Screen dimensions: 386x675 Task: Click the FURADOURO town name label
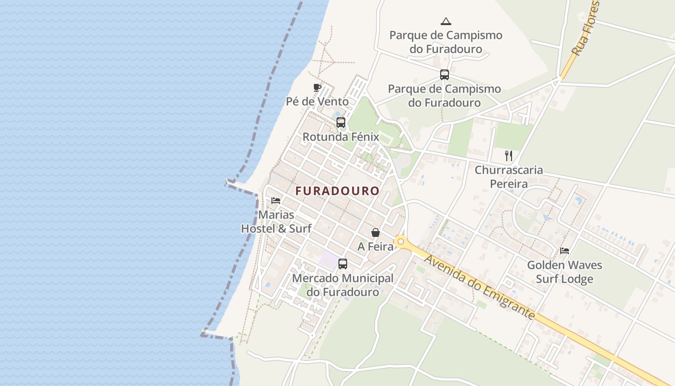337,191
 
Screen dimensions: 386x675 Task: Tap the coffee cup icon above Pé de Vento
317,87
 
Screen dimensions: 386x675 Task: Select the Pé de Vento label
317,102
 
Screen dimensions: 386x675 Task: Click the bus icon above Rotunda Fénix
341,123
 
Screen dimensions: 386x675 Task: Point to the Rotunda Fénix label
341,137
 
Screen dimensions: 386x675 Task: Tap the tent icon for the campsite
446,21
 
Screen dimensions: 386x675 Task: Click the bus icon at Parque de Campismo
445,75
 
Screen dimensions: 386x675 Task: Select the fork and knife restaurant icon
508,155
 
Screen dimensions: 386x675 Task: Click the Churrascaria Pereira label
509,177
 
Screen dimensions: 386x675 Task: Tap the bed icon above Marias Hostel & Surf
276,200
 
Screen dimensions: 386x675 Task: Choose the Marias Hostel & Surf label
276,221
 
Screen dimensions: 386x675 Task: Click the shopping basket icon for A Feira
376,233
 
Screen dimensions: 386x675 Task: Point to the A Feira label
375,247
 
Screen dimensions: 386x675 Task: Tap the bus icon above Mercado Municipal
343,264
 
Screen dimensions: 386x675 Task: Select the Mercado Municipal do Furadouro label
343,285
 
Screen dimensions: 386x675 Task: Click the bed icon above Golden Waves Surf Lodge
565,251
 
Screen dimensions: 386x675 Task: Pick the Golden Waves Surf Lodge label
565,272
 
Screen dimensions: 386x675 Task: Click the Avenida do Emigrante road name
480,287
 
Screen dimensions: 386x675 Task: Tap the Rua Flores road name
586,28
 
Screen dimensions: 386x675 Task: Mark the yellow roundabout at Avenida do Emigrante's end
400,241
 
